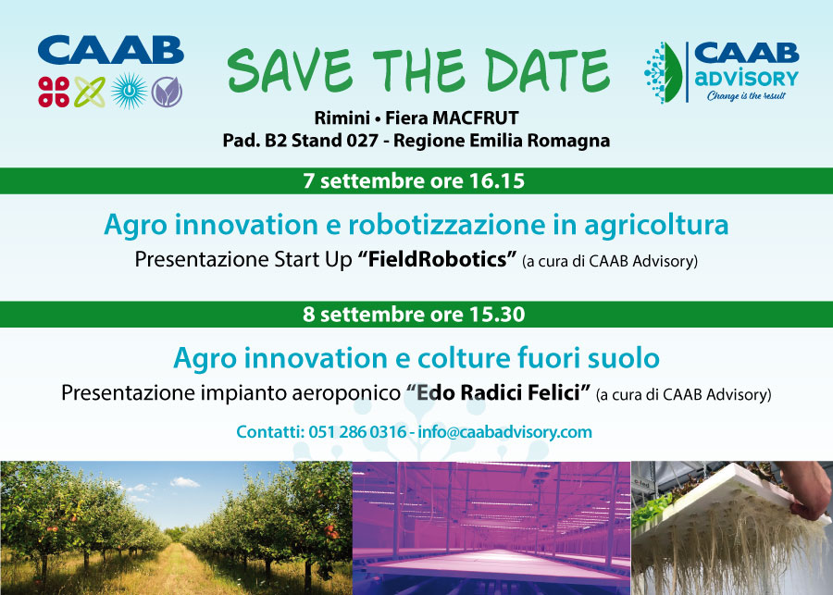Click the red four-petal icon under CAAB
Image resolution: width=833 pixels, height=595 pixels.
point(54,92)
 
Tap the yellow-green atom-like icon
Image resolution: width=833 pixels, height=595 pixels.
point(90,92)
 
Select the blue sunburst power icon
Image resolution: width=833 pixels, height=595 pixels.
point(129,92)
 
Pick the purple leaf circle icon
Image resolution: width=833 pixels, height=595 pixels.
point(167,92)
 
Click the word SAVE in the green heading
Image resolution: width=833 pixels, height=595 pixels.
point(290,70)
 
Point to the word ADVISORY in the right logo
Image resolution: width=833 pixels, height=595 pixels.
point(746,79)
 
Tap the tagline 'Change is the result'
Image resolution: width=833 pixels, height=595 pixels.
point(746,95)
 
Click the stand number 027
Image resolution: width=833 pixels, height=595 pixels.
point(362,141)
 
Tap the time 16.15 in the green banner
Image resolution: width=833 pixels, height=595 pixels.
point(497,181)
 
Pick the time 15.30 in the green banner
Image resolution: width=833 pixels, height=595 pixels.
point(497,315)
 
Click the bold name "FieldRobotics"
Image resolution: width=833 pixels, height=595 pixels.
point(437,260)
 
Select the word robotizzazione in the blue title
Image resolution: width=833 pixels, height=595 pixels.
point(447,225)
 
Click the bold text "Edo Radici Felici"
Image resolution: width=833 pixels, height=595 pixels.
point(498,393)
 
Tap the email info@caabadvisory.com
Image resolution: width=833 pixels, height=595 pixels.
point(504,432)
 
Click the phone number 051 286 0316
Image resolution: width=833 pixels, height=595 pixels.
point(357,432)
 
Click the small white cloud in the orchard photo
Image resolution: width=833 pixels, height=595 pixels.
point(184,482)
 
